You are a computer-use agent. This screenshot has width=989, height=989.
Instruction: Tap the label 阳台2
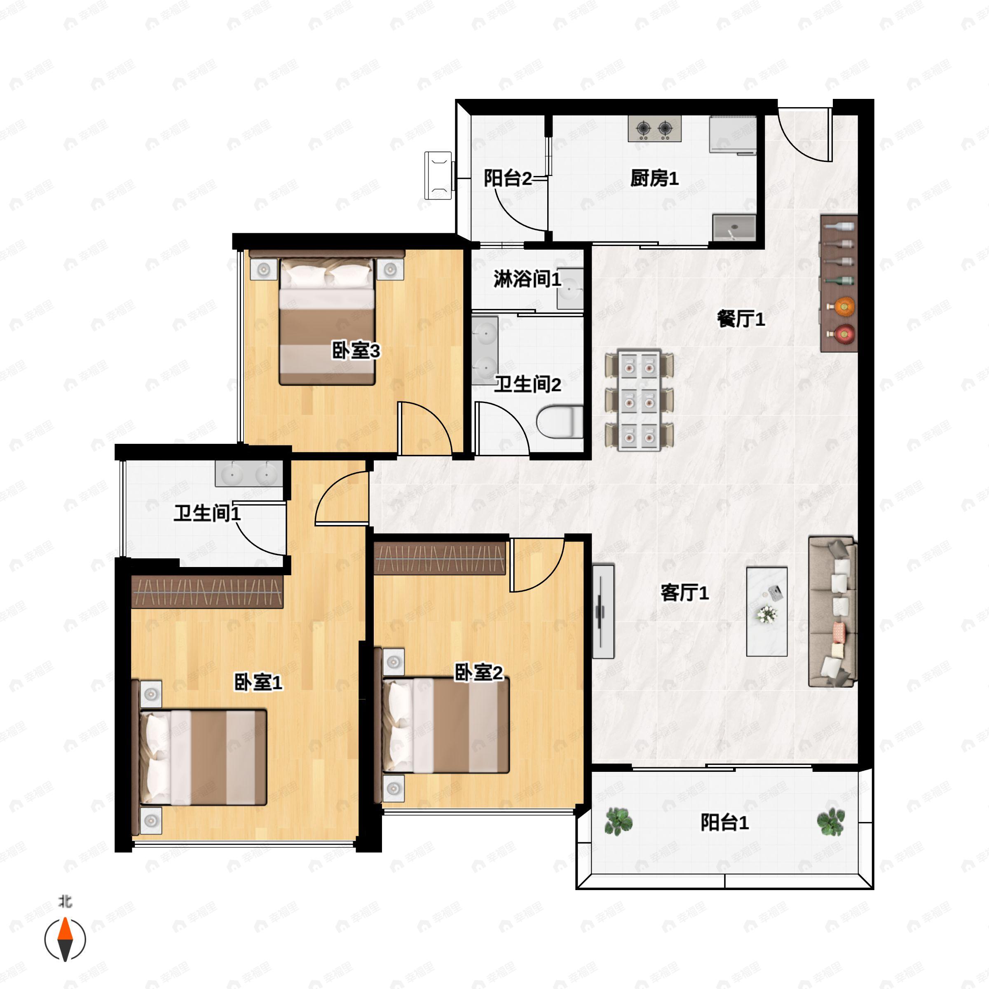point(507,178)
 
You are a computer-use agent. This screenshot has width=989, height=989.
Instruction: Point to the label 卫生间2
point(527,384)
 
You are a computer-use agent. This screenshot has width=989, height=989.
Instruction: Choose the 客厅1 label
point(684,593)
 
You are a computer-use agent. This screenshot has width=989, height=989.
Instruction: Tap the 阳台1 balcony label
point(724,822)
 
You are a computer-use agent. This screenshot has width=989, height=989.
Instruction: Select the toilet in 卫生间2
point(560,421)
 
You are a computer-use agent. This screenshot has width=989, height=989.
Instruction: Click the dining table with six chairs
point(639,400)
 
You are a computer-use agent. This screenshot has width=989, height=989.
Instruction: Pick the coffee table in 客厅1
point(766,611)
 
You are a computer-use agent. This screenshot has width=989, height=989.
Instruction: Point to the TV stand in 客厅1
point(603,611)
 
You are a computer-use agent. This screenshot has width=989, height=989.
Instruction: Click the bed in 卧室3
point(327,321)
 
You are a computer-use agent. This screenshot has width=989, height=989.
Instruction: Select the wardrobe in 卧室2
point(439,558)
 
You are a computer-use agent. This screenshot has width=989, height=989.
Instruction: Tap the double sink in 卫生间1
point(249,474)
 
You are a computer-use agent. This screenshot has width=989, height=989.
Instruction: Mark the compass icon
point(65,940)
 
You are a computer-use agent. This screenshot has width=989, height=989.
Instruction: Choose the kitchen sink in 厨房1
point(734,228)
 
